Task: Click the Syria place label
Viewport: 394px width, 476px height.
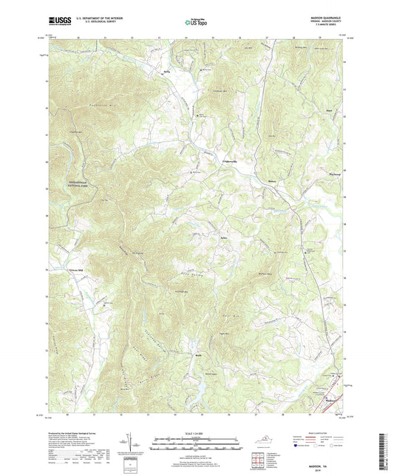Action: (166, 72)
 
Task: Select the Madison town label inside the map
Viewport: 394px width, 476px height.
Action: (330, 402)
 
